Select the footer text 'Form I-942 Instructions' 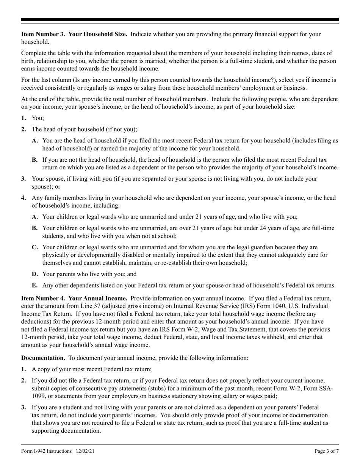[46, 451]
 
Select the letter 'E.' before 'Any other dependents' [35, 285]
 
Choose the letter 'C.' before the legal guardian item [35, 247]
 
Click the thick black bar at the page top [180, 19]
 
